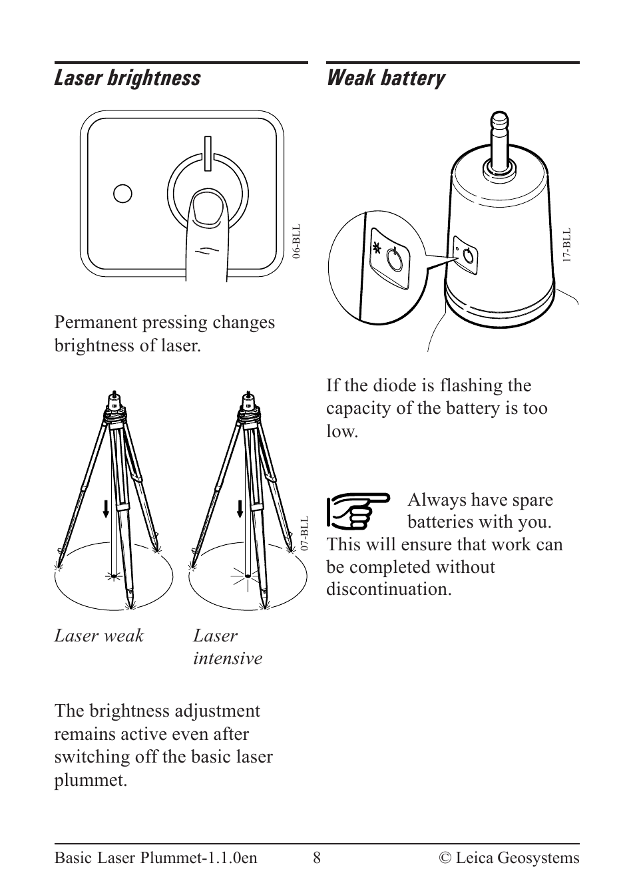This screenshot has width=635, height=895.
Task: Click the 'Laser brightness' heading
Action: (x=127, y=79)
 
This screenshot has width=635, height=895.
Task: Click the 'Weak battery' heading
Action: (x=385, y=79)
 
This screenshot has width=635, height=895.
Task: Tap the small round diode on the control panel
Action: (x=123, y=193)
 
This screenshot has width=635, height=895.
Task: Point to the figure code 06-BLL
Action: (x=297, y=242)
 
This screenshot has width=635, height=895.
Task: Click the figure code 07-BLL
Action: (x=304, y=532)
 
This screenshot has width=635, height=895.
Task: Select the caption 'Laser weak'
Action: (x=99, y=635)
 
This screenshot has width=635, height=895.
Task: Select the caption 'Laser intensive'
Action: (x=227, y=647)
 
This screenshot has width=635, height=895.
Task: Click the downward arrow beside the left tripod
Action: (x=106, y=509)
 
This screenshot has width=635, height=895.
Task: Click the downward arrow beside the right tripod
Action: (x=240, y=509)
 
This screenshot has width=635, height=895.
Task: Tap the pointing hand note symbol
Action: (x=357, y=510)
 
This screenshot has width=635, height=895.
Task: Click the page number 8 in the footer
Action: (x=317, y=858)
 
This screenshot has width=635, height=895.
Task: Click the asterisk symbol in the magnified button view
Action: (x=378, y=249)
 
